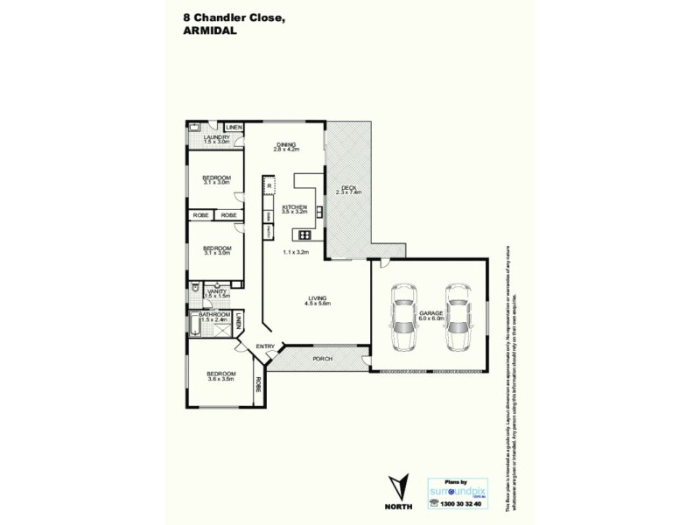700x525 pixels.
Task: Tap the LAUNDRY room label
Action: point(216,137)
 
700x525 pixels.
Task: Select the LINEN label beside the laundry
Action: point(234,128)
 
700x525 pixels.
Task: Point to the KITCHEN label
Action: point(294,207)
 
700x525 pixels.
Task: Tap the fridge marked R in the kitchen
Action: point(269,186)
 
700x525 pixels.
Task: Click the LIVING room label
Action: point(317,298)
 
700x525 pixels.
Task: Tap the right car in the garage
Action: point(458,316)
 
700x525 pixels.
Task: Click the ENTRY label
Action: point(265,347)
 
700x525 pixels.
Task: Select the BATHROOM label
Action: point(214,315)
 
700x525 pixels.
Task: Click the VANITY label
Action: point(216,291)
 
